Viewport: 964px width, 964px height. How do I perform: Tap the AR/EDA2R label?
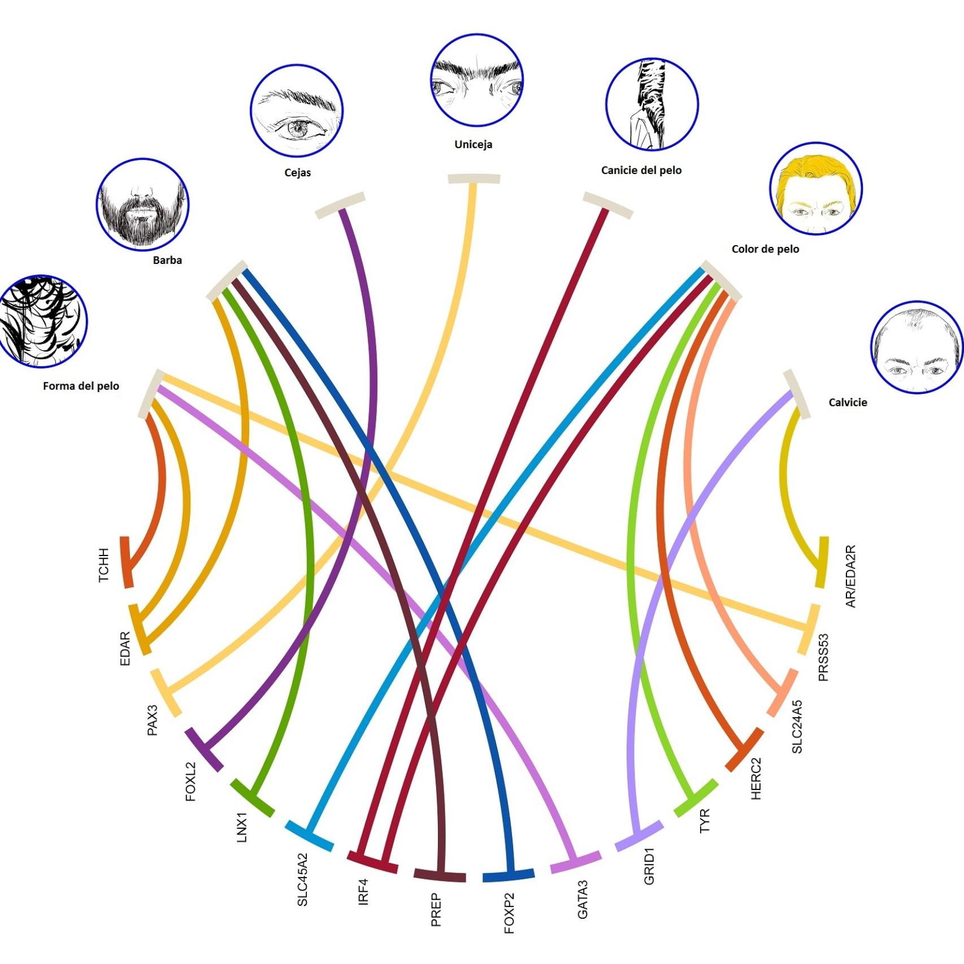point(850,576)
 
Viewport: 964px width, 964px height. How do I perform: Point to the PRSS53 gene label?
point(823,657)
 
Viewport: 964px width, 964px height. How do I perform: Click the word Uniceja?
point(473,145)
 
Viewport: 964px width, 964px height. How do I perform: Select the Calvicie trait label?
point(847,402)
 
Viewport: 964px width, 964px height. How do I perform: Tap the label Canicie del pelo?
point(641,170)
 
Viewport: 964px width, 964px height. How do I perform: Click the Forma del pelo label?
point(81,386)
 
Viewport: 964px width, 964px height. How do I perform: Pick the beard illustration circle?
point(142,205)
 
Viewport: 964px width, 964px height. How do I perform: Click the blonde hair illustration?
point(815,189)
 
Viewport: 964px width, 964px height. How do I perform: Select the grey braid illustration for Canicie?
point(652,104)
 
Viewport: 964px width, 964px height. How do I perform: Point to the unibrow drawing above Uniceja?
point(476,80)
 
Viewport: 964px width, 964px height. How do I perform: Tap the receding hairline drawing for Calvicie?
point(917,347)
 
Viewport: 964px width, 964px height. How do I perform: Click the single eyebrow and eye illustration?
point(297,111)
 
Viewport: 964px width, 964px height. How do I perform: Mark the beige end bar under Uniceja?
point(474,179)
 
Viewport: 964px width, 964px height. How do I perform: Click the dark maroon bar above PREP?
point(440,875)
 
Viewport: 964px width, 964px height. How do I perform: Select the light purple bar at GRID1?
point(639,836)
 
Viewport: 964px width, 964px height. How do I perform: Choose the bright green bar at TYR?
point(696,798)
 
